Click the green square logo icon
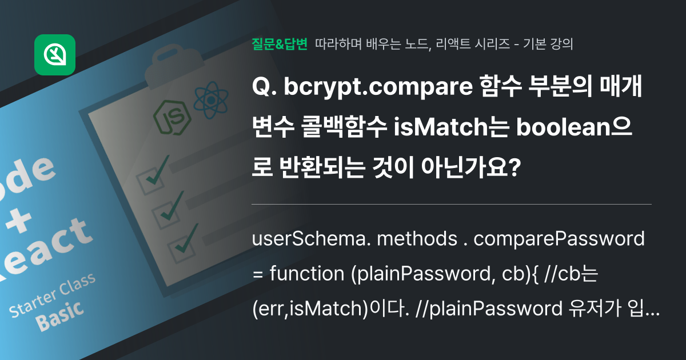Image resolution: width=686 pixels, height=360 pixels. click(55, 55)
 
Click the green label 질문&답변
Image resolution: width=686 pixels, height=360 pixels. click(280, 44)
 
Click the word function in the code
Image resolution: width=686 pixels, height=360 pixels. click(306, 274)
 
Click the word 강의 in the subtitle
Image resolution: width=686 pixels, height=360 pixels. click(563, 44)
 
